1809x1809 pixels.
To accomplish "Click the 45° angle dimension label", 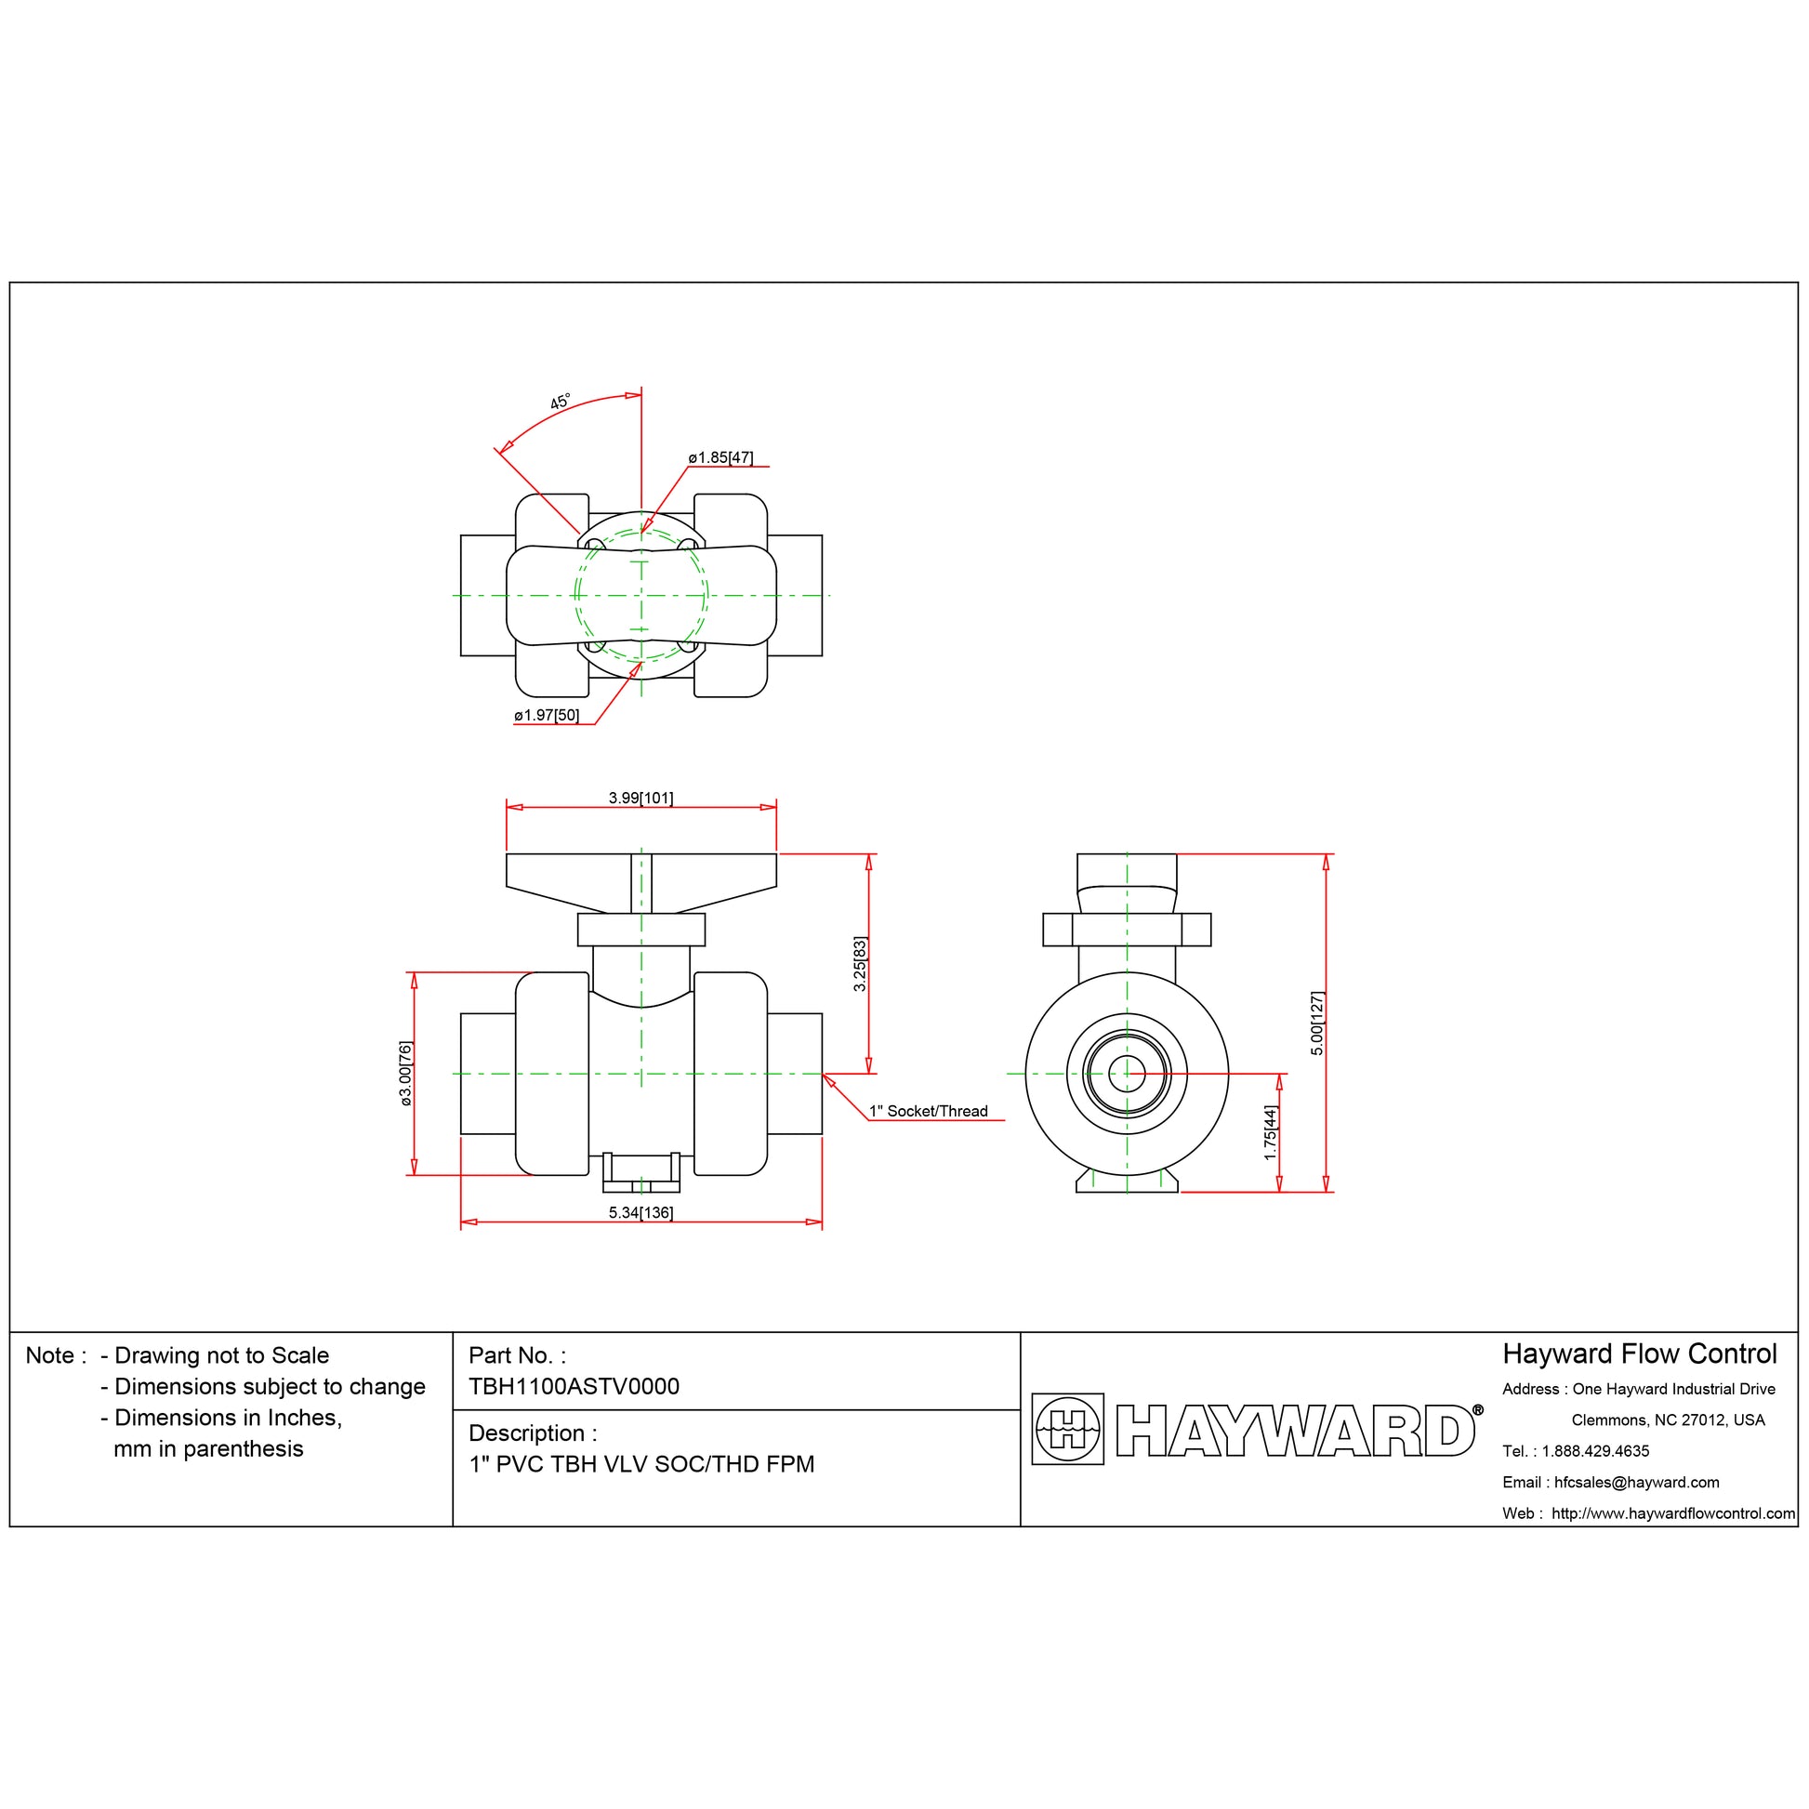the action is tap(560, 402).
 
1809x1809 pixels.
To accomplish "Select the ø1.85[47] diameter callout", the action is tap(720, 458).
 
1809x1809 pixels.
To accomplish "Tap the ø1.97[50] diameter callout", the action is tap(547, 716).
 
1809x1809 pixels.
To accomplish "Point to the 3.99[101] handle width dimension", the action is tap(640, 798).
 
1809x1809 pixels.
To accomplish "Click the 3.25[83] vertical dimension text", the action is tap(860, 963).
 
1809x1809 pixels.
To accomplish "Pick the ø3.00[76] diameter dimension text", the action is tap(405, 1073).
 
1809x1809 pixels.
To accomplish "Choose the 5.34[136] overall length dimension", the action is tap(640, 1212).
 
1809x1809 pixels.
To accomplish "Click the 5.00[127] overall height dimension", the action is tap(1316, 1023).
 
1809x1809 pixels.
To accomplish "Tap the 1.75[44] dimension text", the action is tap(1270, 1133).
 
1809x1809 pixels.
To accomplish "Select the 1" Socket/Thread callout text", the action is tap(928, 1112).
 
